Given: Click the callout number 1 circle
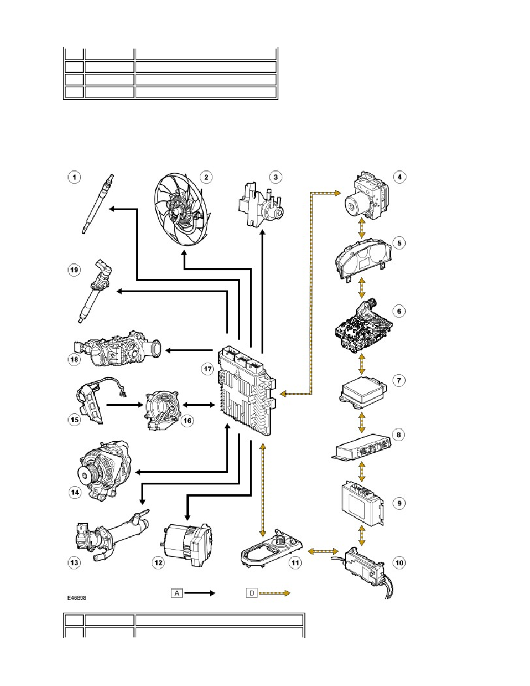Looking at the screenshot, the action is tap(74, 177).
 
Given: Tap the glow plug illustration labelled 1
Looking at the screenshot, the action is tap(99, 204).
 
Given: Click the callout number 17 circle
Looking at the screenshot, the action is tap(208, 369).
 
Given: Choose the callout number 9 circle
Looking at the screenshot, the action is tap(400, 503).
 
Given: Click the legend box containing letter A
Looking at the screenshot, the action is tap(177, 593).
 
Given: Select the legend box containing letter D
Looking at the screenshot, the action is tap(252, 593).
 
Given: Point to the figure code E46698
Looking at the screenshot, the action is tap(77, 598).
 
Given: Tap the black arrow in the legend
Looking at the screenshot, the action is tap(200, 593).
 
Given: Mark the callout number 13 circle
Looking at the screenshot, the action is tap(74, 562).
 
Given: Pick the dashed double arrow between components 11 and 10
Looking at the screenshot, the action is tap(323, 551).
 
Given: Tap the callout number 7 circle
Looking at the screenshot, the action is tap(399, 380).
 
